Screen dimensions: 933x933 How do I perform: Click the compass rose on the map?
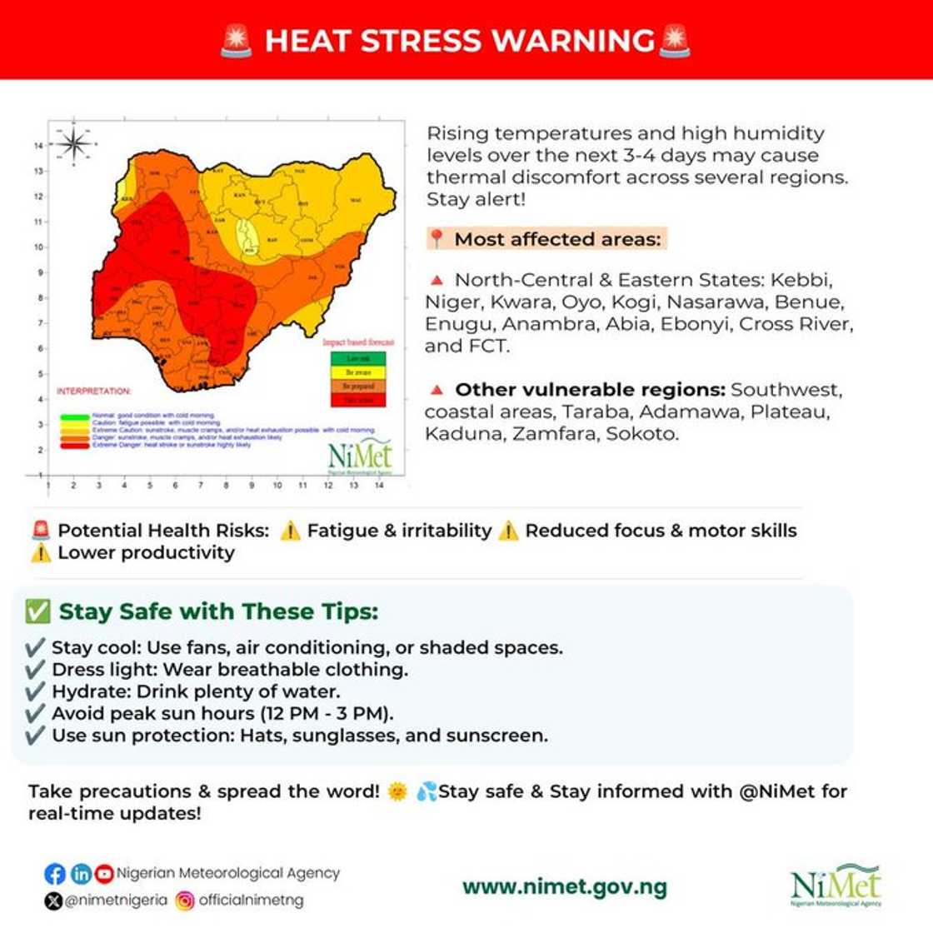[74, 145]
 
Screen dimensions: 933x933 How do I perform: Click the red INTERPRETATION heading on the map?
[93, 391]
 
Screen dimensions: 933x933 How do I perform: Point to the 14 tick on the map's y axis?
[38, 146]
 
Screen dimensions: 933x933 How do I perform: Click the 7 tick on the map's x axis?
[201, 485]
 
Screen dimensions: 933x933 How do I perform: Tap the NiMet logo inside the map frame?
[360, 456]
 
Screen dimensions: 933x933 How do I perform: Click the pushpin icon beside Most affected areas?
[437, 239]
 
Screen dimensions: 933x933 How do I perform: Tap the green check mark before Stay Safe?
[37, 611]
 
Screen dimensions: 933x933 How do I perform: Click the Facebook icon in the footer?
[55, 874]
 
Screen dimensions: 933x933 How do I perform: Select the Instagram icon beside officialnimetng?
[185, 901]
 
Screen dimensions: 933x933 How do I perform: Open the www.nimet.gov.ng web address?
[564, 887]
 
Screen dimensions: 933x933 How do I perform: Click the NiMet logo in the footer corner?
[836, 886]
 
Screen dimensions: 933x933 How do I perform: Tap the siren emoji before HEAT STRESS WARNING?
[237, 41]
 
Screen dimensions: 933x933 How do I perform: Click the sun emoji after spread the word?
[397, 791]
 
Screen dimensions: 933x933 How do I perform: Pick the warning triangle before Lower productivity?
[41, 553]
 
